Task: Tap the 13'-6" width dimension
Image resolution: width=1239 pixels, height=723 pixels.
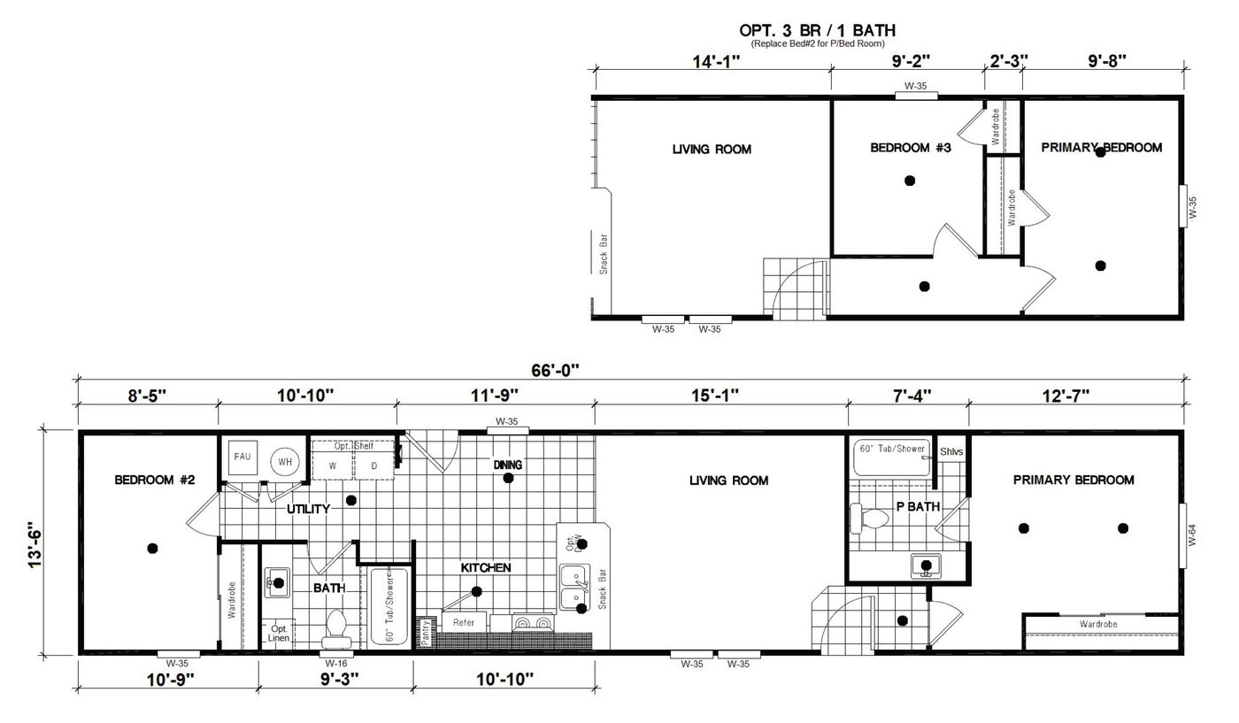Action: pos(36,542)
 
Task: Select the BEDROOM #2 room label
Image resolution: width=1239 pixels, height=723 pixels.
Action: pos(154,481)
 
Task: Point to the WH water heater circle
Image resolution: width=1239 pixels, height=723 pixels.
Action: pos(285,461)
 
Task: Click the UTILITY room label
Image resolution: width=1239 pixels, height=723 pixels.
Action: pos(308,509)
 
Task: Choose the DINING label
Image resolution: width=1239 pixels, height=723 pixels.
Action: pos(508,465)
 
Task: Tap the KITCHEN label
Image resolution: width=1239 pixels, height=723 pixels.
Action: pos(485,567)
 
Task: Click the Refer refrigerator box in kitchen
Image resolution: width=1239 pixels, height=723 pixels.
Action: pos(464,622)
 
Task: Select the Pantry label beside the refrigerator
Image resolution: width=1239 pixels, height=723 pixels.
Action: pos(425,633)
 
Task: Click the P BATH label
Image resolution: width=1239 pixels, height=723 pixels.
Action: pos(917,507)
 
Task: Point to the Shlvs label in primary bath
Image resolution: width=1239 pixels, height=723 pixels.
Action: pos(951,450)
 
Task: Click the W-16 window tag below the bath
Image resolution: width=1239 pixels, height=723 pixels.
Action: pos(335,663)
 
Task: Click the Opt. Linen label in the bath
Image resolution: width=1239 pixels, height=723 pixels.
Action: pos(278,633)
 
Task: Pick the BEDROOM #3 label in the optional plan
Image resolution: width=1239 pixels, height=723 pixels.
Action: pos(910,148)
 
